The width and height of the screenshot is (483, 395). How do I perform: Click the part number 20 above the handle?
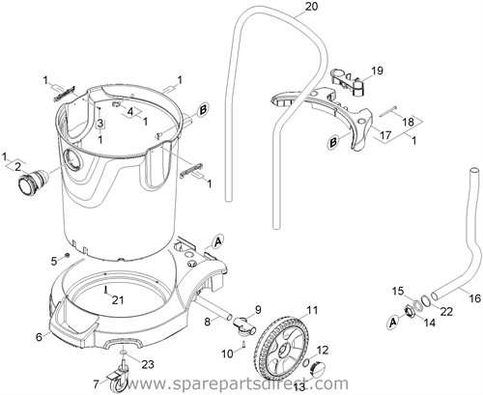click(x=311, y=7)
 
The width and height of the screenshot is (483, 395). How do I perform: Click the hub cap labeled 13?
click(x=317, y=368)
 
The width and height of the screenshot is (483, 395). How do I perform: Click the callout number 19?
click(x=377, y=71)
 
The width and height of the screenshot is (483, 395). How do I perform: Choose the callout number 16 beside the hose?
click(x=475, y=298)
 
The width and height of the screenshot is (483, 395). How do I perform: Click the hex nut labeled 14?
click(x=410, y=311)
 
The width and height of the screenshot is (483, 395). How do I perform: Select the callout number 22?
click(x=446, y=311)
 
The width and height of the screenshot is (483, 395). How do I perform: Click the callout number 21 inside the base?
click(x=118, y=299)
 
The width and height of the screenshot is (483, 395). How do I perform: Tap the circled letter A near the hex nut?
click(x=392, y=322)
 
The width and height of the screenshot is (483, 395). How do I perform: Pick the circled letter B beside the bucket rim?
click(x=203, y=110)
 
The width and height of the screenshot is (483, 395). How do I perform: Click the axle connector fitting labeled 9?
click(x=245, y=324)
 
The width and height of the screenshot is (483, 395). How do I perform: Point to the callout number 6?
click(x=39, y=337)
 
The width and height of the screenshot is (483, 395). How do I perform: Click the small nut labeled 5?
click(x=67, y=255)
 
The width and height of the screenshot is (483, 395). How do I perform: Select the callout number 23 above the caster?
click(x=147, y=364)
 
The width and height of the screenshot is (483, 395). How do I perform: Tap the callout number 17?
click(x=385, y=135)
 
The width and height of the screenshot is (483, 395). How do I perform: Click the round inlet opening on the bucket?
click(x=72, y=159)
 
